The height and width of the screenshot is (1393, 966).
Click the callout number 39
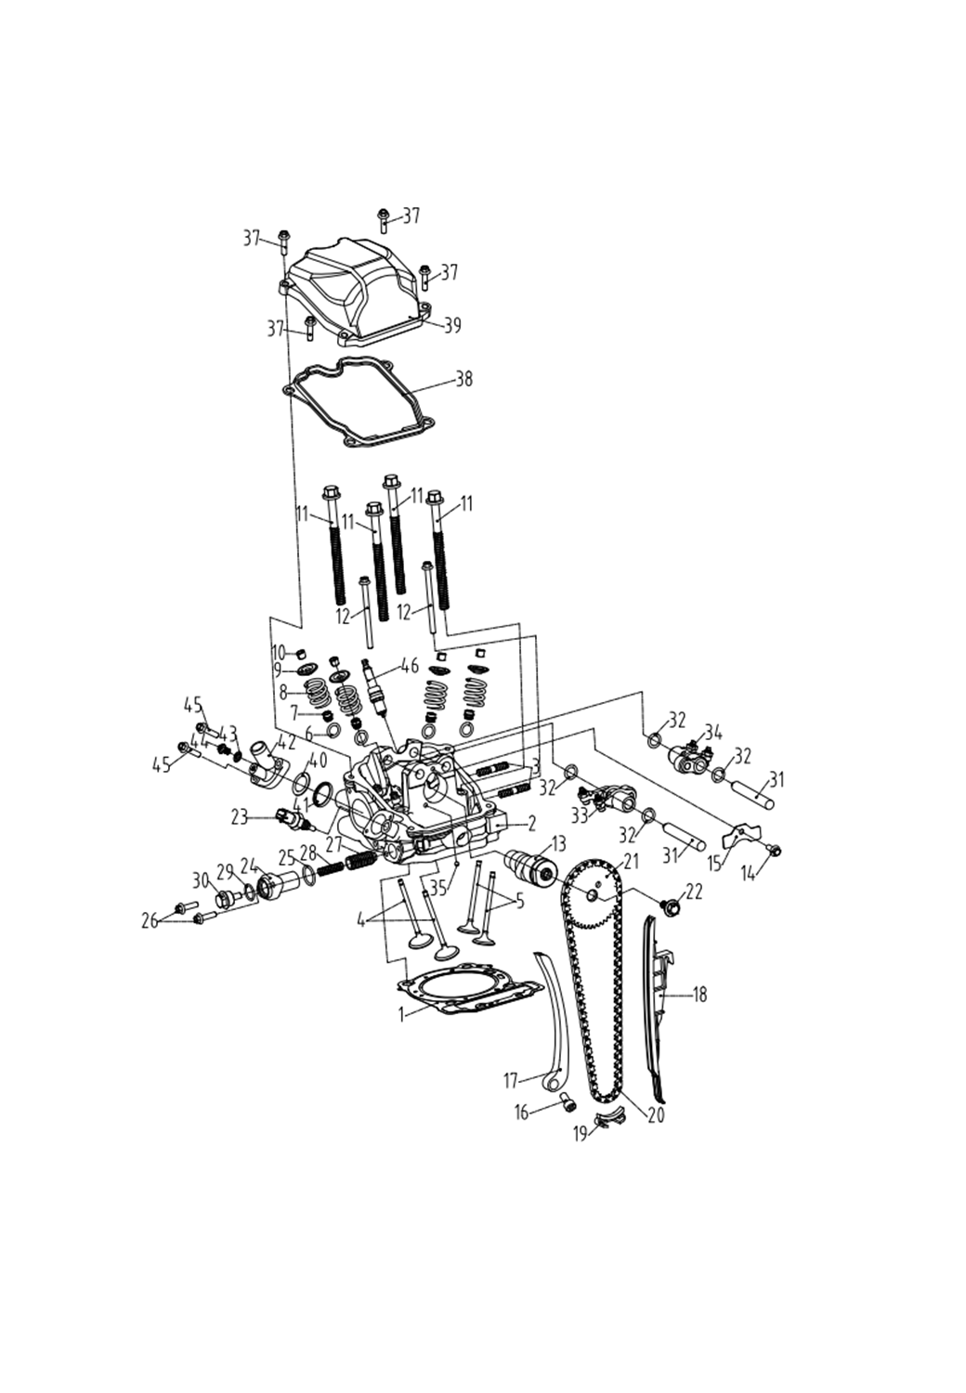coord(452,326)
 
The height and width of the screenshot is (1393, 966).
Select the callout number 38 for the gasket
coord(463,379)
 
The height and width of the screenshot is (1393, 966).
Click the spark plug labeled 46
coord(376,688)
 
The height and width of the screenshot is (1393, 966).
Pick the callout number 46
coord(409,666)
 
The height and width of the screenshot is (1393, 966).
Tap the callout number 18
coord(699,995)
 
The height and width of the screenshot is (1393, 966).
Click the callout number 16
coord(522,1111)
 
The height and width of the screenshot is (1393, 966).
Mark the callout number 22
coord(695,892)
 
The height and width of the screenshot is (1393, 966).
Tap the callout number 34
coord(713,730)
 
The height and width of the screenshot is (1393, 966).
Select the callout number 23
coord(240,818)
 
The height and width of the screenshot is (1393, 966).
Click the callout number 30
coord(201,879)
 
